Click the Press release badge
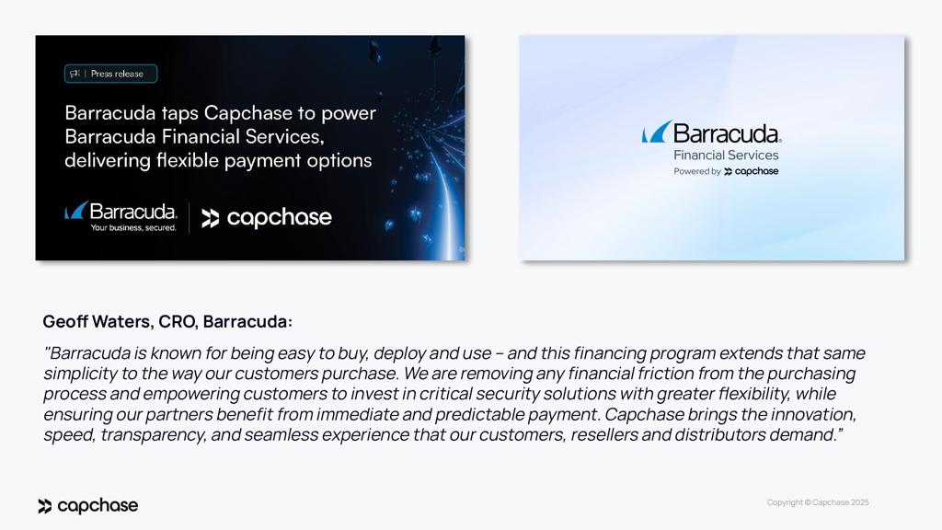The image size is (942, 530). click(111, 74)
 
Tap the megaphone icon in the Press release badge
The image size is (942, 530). click(75, 74)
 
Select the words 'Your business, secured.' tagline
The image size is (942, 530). click(132, 227)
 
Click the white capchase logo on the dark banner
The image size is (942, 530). click(267, 218)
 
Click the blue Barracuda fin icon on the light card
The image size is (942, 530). click(656, 132)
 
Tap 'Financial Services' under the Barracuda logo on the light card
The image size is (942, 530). click(726, 155)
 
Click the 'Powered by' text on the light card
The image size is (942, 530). click(696, 171)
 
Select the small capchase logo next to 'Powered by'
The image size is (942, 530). click(752, 171)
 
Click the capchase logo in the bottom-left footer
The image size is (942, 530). click(88, 506)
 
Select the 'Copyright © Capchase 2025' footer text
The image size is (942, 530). click(818, 502)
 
